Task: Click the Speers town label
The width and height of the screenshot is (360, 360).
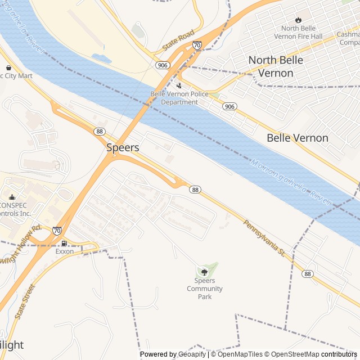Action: [123, 147]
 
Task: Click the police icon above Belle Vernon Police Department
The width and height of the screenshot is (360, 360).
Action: [179, 85]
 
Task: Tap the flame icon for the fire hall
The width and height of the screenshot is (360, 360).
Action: [298, 20]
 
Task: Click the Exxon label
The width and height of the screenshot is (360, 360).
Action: [64, 251]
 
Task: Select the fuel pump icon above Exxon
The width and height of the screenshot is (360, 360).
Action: [64, 243]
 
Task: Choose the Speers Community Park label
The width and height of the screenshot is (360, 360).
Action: [205, 289]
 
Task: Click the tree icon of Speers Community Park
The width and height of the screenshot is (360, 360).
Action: [204, 272]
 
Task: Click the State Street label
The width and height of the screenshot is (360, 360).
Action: [25, 302]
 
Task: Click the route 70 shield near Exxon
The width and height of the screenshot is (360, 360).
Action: [57, 230]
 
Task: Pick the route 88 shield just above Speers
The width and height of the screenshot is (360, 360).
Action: [100, 131]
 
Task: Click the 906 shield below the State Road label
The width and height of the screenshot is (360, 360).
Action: [163, 65]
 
